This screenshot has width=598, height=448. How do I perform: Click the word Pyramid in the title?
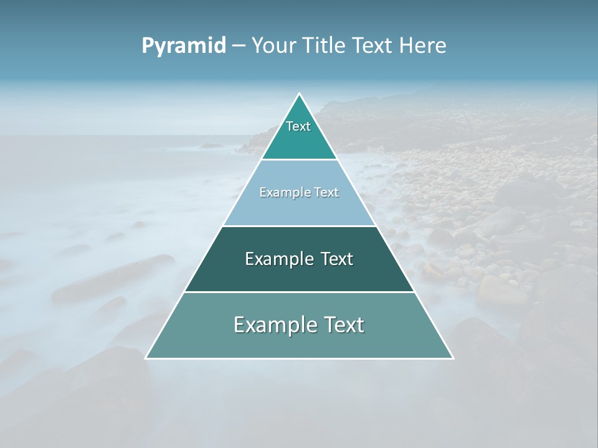[184, 46]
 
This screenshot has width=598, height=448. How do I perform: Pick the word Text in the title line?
[373, 46]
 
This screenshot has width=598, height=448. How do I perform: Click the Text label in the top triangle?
[298, 126]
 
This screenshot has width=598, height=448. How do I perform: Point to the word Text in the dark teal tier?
[337, 259]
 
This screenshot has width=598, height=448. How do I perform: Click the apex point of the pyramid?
[299, 94]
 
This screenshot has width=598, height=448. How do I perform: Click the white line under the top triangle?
[299, 159]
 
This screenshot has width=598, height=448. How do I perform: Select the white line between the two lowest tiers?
[299, 292]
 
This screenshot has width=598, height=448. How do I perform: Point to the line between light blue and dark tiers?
[299, 226]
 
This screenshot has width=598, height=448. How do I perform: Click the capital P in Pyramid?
[147, 46]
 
